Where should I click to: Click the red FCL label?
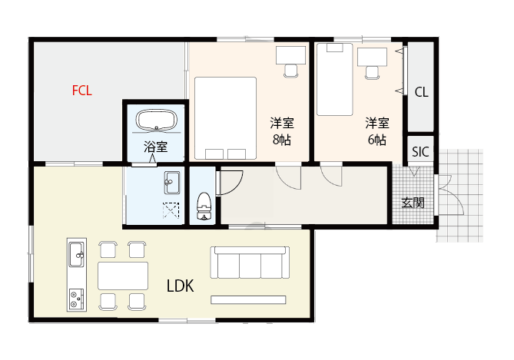82,91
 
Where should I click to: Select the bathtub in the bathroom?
157,121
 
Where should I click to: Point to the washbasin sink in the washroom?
171,183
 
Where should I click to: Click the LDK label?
180,286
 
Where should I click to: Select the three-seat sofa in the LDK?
250,263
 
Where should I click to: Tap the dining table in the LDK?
123,274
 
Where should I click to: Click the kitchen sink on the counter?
76,253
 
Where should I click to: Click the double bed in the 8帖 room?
224,117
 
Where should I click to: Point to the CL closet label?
421,92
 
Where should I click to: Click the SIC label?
420,151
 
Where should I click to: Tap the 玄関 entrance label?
413,203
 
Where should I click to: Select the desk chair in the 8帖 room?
290,70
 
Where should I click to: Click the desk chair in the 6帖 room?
372,71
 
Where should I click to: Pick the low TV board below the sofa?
248,299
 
